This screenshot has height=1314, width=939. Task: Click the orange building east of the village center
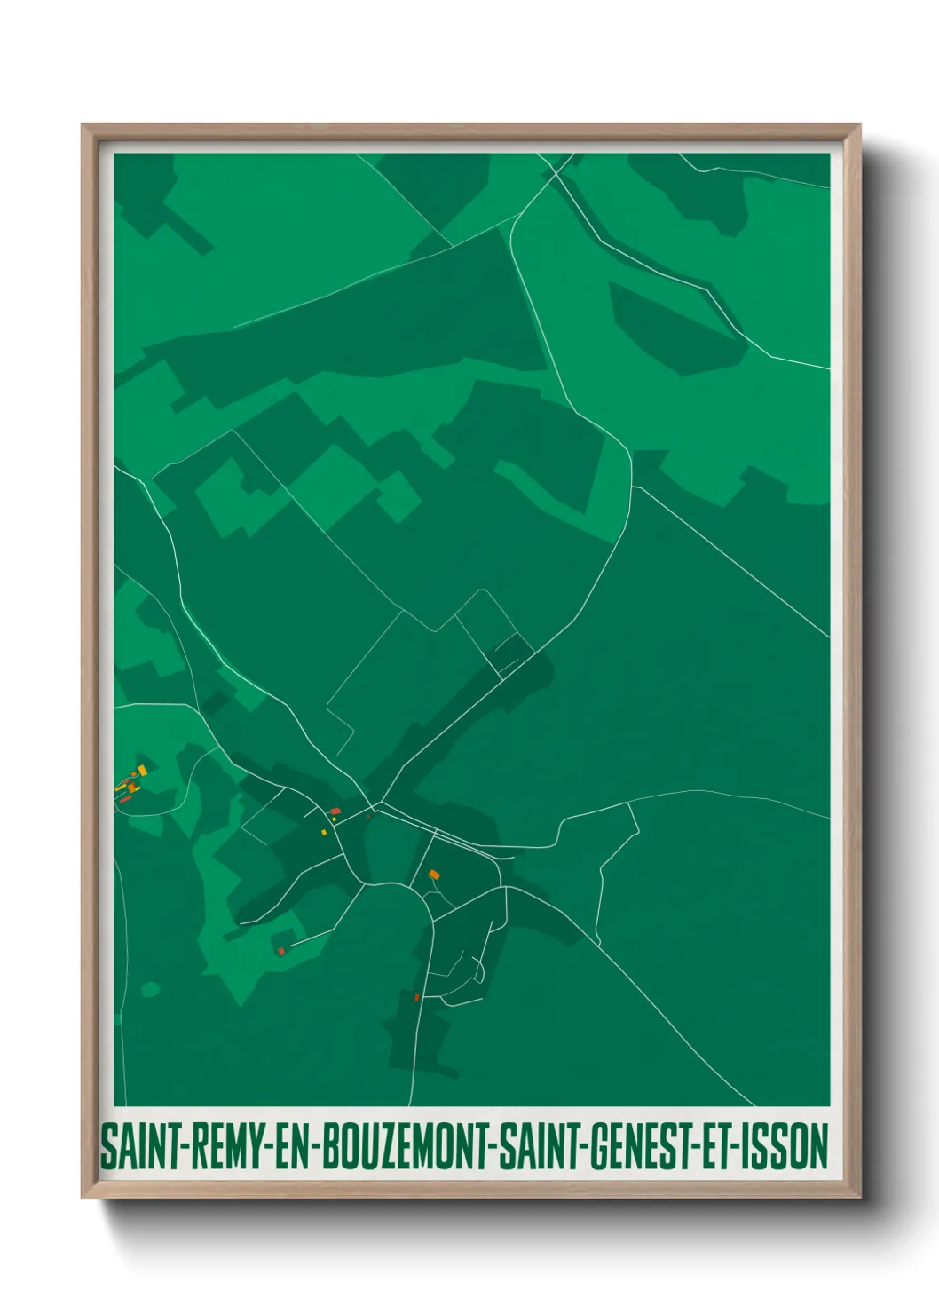click(x=434, y=875)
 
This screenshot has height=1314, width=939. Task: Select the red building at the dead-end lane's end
click(x=281, y=951)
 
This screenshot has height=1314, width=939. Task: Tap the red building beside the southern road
click(x=416, y=997)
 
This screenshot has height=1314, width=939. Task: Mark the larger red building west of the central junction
click(x=335, y=811)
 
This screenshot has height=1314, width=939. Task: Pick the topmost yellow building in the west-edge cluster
click(x=140, y=770)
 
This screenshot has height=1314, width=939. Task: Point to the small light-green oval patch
click(x=151, y=988)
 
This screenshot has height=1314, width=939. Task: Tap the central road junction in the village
click(x=378, y=806)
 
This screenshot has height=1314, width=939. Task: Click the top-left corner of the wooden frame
click(x=83, y=125)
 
